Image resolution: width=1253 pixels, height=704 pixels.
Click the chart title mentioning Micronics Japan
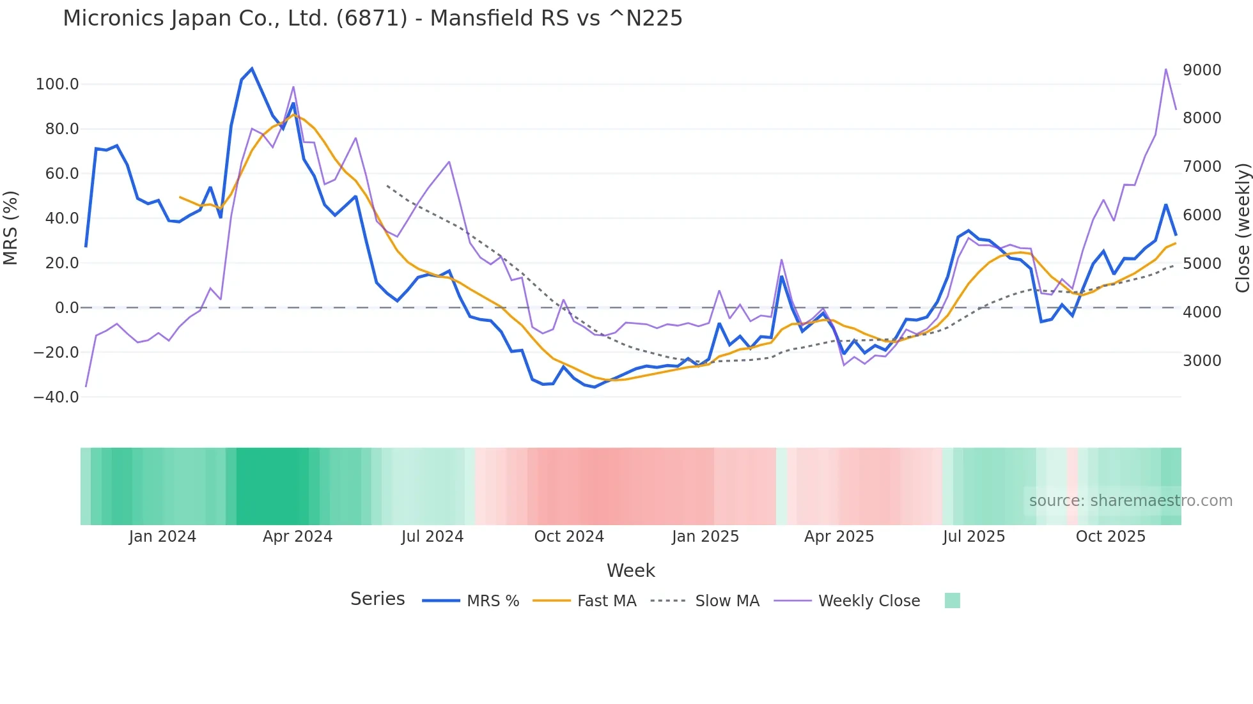tap(372, 19)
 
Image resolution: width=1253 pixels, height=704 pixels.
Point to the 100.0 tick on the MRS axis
tap(58, 84)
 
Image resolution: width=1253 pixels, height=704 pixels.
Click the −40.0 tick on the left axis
tap(56, 397)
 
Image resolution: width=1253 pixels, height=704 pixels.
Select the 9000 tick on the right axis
tap(1202, 70)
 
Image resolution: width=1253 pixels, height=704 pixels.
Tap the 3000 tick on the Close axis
tap(1202, 360)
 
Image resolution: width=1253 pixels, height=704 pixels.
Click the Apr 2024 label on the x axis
tap(297, 537)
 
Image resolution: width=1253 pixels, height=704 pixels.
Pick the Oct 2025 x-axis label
tap(1110, 537)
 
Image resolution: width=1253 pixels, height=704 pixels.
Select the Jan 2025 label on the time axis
tap(705, 537)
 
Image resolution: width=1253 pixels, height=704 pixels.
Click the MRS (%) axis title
tap(11, 227)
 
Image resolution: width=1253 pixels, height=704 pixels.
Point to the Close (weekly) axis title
tap(1242, 227)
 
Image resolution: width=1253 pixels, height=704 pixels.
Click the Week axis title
tap(630, 570)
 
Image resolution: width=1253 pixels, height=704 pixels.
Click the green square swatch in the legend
tap(952, 601)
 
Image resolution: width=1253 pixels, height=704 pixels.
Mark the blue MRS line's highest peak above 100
tap(252, 68)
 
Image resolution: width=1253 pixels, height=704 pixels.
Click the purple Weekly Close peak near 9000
tap(1166, 69)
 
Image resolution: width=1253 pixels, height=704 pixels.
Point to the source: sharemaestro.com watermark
tap(1130, 501)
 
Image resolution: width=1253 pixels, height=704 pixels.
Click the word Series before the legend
tap(377, 599)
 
